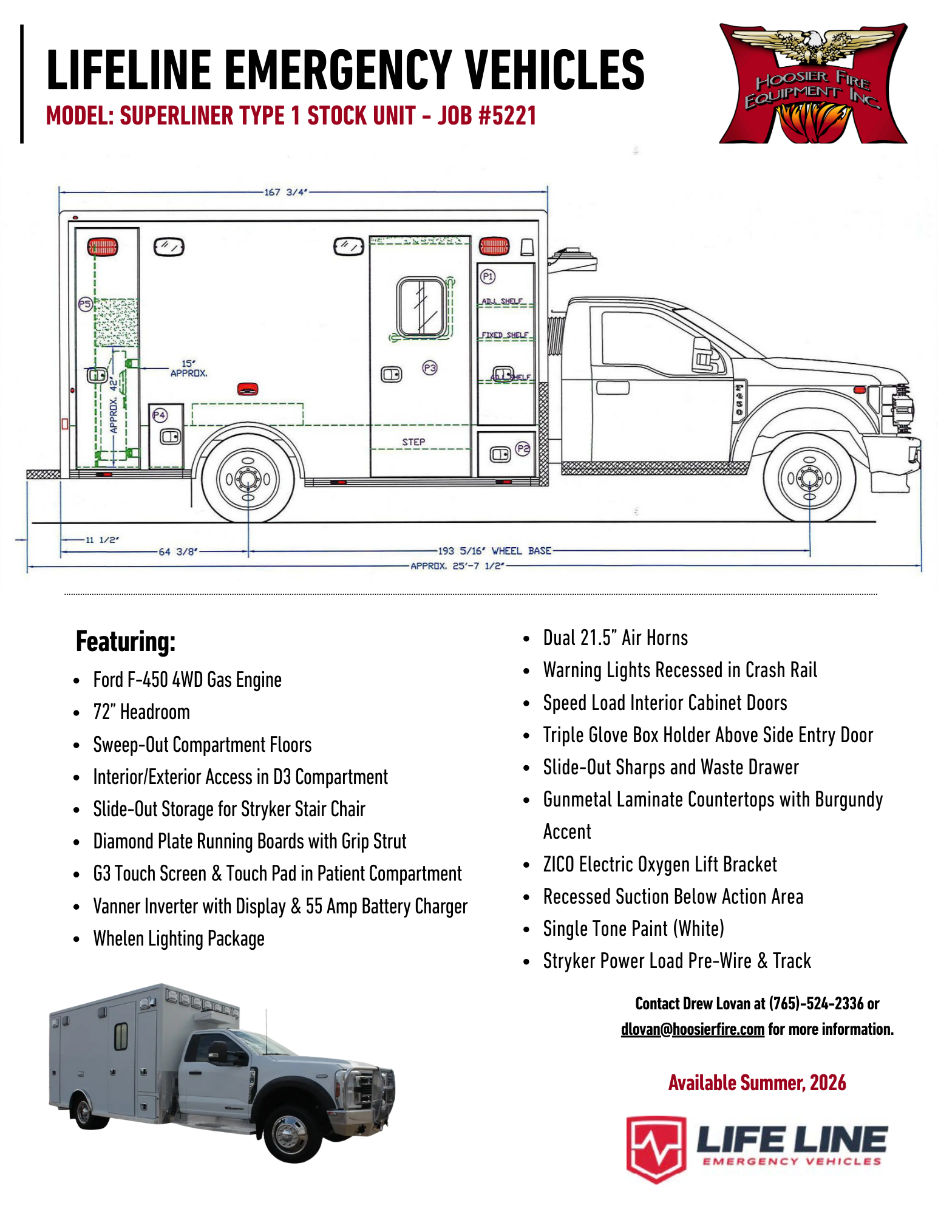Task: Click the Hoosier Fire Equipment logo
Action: point(813,84)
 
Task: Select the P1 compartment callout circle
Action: point(488,277)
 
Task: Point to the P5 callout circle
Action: point(85,304)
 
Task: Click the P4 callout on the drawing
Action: point(159,415)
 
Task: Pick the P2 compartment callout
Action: point(522,449)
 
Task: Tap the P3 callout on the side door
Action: point(430,367)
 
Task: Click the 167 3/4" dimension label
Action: point(285,192)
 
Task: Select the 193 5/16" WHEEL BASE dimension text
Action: point(494,551)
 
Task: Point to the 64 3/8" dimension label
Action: point(178,551)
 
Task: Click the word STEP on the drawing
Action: point(413,442)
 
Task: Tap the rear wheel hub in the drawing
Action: point(248,479)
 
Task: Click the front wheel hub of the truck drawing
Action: point(809,478)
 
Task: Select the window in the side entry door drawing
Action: point(421,307)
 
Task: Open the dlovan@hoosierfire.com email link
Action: point(692,1029)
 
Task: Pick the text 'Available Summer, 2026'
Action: point(757,1083)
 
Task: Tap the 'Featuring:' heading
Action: point(126,641)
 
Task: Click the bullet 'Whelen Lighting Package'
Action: point(178,938)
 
